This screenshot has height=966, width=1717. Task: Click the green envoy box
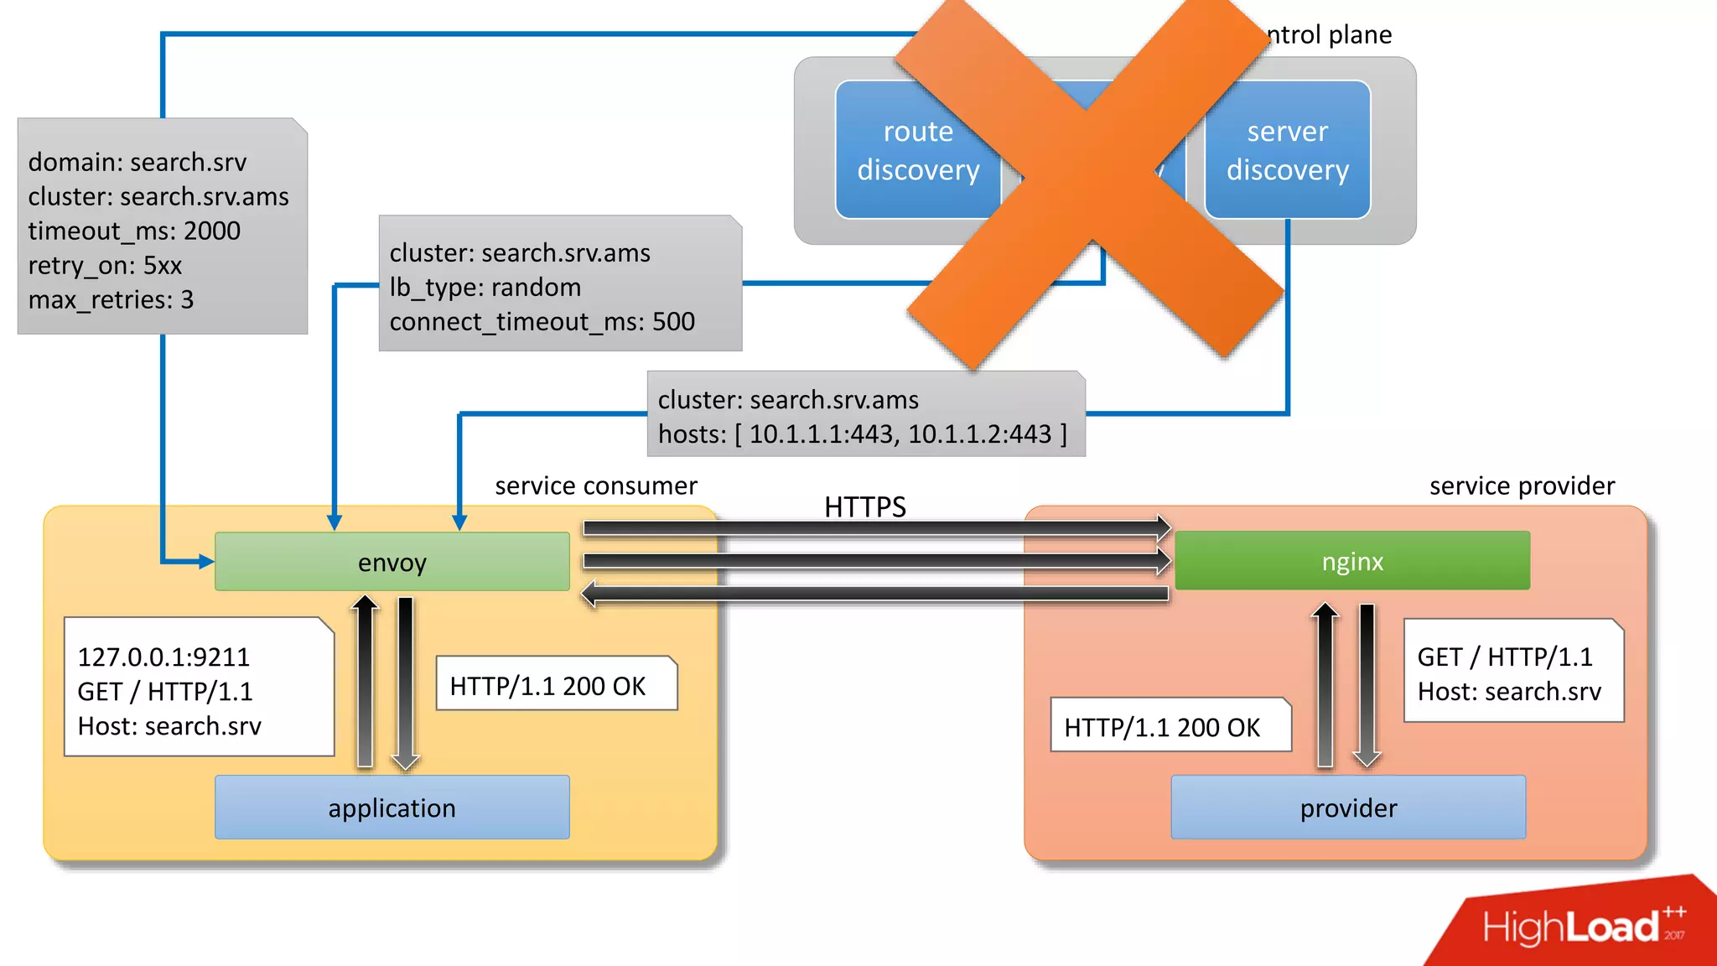[392, 562]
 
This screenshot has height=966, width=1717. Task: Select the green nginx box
[1351, 561]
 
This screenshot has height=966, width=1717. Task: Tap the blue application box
[392, 808]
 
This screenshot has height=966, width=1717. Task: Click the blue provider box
[1348, 808]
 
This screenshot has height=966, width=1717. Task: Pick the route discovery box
[917, 151]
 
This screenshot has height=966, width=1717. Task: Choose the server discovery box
[1288, 151]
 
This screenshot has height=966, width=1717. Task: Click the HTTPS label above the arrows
[864, 506]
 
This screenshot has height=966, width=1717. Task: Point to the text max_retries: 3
[111, 299]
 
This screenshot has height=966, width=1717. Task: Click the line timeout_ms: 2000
[134, 231]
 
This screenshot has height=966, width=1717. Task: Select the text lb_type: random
[485, 287]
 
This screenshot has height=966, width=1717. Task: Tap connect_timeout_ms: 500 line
[542, 321]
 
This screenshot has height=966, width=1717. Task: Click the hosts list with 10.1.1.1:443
[862, 434]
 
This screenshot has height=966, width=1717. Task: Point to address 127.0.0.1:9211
[163, 657]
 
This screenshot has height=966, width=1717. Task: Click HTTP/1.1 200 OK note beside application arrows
[547, 686]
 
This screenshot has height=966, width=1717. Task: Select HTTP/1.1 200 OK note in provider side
[1161, 727]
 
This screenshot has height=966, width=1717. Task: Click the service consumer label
[595, 486]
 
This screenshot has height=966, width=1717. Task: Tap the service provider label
[1522, 486]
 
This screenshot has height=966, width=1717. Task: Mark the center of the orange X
[1090, 180]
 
